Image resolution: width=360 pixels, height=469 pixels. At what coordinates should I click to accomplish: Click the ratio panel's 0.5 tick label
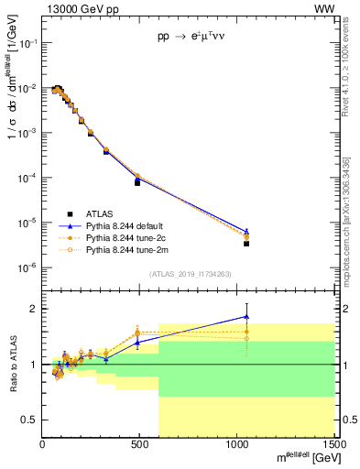click(30, 420)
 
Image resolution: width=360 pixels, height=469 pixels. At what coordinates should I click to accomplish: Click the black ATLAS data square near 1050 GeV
click(246, 244)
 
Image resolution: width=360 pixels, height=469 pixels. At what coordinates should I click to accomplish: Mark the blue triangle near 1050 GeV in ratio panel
click(246, 316)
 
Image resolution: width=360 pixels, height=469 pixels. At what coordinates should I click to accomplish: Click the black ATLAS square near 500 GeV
click(137, 182)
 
